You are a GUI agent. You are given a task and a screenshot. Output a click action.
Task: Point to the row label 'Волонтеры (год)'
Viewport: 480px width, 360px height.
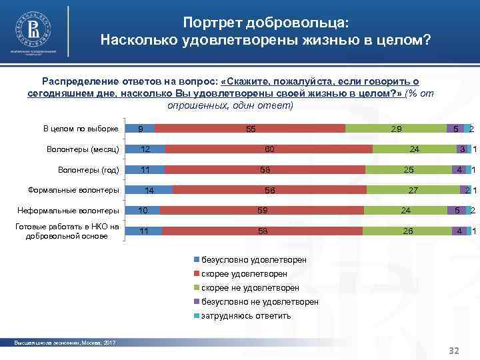coord(89,169)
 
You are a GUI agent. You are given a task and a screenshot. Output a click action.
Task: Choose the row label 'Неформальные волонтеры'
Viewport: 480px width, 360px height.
coord(74,211)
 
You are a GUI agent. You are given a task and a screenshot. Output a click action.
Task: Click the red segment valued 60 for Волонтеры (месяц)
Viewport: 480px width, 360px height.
coord(269,149)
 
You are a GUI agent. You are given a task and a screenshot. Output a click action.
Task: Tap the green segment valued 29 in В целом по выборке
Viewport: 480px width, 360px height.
coord(396,129)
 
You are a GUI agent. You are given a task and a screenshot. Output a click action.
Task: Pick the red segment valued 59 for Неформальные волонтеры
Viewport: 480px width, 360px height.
coord(262,211)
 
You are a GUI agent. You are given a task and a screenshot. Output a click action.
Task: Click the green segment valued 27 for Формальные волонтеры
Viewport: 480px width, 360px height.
coord(413,190)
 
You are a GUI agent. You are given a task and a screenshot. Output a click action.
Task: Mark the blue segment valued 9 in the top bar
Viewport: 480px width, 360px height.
coord(141,129)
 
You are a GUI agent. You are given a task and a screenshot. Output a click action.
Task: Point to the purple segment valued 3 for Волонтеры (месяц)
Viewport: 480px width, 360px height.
coord(459,149)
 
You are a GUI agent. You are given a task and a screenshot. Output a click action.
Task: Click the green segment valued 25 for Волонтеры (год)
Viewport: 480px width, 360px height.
coord(409,170)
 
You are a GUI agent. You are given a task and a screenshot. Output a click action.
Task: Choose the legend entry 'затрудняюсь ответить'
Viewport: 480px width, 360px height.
coord(246,316)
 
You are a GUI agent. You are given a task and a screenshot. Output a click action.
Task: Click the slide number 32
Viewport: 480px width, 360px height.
coord(455,350)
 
